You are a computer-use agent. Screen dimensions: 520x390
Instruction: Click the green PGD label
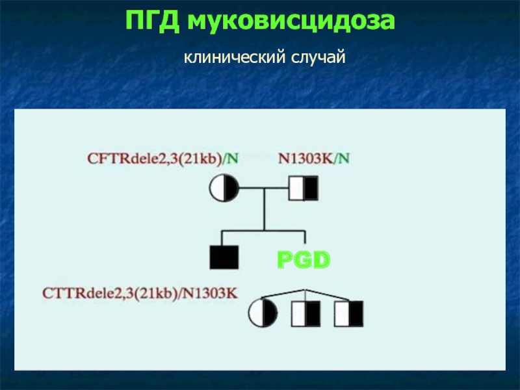(304, 261)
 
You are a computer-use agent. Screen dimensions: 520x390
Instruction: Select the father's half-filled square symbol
(304, 189)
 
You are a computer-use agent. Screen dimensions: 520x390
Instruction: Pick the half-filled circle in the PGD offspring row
(263, 314)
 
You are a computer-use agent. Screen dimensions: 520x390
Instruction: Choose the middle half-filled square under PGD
(305, 314)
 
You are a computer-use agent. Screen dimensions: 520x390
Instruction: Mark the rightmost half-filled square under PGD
(349, 314)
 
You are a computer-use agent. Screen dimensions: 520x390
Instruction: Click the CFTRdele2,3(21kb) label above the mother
(153, 158)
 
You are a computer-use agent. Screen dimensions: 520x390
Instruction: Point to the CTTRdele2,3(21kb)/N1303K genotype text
(140, 293)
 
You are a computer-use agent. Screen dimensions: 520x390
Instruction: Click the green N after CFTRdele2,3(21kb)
(233, 158)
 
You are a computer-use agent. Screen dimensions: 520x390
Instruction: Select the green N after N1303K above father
(345, 158)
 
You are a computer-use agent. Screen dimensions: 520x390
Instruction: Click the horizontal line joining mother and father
(264, 189)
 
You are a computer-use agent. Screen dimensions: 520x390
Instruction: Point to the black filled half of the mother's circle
(231, 189)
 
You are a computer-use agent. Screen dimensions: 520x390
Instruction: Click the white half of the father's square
(296, 189)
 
